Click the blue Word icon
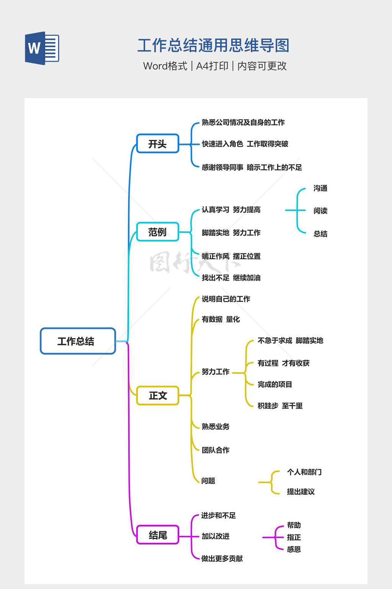click(42, 48)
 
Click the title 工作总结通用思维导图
click(213, 46)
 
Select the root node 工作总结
click(78, 341)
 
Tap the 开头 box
click(157, 144)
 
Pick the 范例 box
click(157, 232)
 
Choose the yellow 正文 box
click(158, 395)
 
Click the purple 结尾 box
click(158, 535)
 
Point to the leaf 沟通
click(320, 188)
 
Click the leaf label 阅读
click(320, 211)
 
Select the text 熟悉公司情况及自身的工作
click(243, 122)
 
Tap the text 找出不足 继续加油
click(231, 278)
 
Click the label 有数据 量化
click(220, 319)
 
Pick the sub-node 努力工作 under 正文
click(216, 372)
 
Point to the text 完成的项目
click(274, 384)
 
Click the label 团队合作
click(216, 450)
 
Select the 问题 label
click(208, 480)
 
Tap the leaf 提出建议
click(301, 492)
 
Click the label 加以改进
click(216, 536)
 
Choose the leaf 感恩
click(294, 549)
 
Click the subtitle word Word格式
click(165, 66)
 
